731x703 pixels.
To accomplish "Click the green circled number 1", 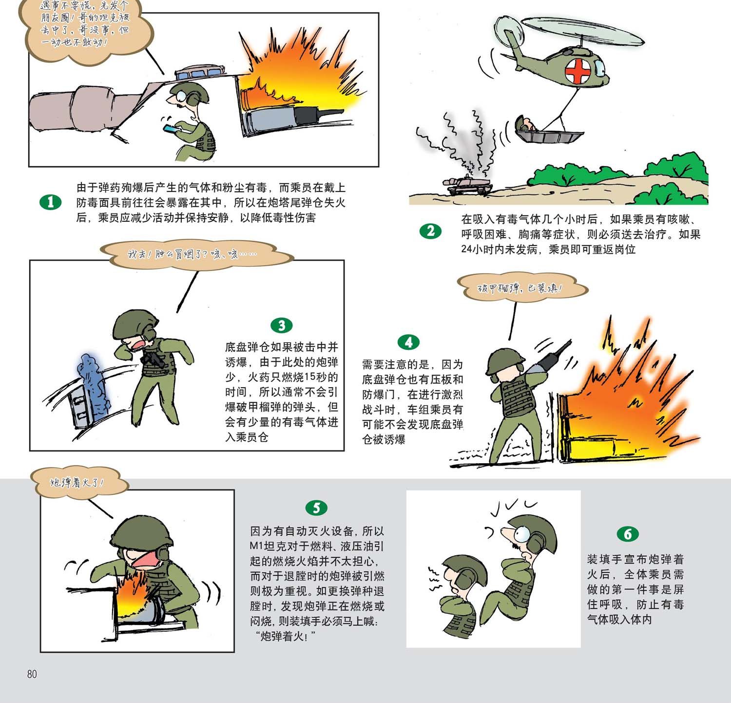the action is tap(51, 202).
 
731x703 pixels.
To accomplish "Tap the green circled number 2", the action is tap(430, 231).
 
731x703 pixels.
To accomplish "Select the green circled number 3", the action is tap(282, 325).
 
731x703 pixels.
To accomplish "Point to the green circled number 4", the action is tap(408, 342).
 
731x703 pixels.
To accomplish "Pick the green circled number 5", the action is tap(317, 508).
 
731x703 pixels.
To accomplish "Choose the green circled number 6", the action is tap(628, 534).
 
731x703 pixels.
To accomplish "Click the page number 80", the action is tap(32, 674).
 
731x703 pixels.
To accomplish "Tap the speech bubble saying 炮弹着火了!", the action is tap(79, 483).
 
